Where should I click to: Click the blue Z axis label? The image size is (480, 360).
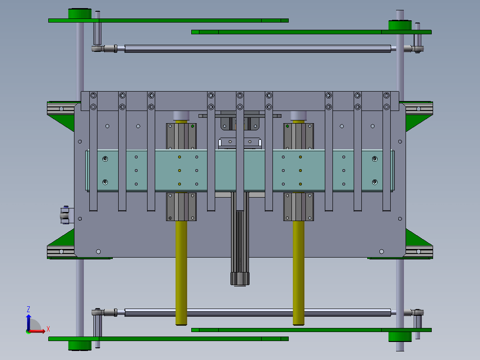click(x=28, y=309)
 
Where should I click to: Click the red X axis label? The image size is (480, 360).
click(x=48, y=329)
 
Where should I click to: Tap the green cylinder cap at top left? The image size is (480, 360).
click(x=79, y=14)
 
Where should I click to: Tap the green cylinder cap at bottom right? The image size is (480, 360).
click(x=400, y=337)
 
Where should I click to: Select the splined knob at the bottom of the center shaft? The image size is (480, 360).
click(x=240, y=279)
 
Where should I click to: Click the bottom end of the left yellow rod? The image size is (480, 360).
click(x=181, y=324)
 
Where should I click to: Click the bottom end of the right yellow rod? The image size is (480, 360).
click(x=299, y=324)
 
